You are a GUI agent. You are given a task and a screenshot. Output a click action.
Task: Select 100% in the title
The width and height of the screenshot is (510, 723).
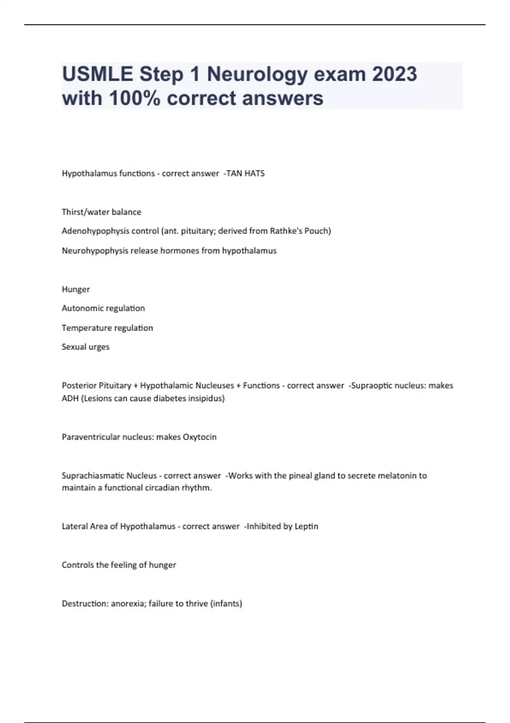pos(135,98)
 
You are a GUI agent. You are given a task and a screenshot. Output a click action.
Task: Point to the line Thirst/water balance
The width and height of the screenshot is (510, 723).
pos(101,212)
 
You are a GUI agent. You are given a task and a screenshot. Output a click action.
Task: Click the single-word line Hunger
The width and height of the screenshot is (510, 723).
pos(76,289)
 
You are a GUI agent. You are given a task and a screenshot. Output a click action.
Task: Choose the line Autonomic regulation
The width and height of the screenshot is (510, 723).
pos(103,308)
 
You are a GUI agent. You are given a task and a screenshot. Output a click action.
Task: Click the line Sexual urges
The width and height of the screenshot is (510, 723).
pos(85,347)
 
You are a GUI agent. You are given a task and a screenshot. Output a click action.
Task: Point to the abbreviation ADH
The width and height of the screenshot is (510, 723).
pos(70,399)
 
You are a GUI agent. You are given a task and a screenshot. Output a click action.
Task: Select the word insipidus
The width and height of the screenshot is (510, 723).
pos(207,399)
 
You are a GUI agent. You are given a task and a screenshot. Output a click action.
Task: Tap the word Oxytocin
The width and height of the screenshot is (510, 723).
pos(199,437)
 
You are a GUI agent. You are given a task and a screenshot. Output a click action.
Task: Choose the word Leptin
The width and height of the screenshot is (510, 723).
pos(306,527)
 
